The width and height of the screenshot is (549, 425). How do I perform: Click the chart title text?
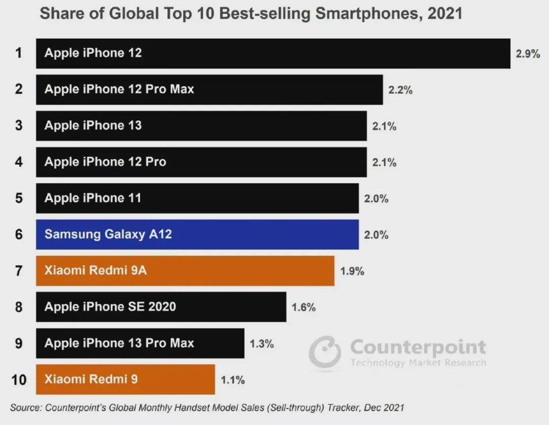click(x=251, y=14)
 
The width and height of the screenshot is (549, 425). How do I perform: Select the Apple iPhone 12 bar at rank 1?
click(x=273, y=53)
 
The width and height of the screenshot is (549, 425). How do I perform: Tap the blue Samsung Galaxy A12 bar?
click(x=197, y=234)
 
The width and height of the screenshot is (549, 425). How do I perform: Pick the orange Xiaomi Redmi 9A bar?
click(x=185, y=271)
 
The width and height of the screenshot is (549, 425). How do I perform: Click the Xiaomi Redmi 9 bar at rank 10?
click(x=125, y=379)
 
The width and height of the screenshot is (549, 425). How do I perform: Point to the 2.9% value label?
click(x=528, y=54)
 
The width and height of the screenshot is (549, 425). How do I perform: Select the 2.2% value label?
click(x=400, y=90)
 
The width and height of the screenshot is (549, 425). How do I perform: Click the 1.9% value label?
click(x=352, y=271)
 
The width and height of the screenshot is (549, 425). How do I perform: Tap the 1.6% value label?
click(x=303, y=308)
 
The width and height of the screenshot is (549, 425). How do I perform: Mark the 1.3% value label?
click(x=261, y=344)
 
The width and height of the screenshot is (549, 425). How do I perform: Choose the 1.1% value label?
click(x=232, y=380)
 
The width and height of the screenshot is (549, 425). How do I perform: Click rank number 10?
click(x=18, y=380)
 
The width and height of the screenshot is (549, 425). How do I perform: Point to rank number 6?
click(x=19, y=234)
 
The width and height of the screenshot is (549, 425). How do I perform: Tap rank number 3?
click(x=19, y=126)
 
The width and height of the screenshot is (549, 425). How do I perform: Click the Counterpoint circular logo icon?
click(x=325, y=351)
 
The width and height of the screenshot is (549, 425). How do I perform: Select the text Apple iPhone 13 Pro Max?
click(x=119, y=343)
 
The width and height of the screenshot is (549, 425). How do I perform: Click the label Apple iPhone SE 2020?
click(x=110, y=307)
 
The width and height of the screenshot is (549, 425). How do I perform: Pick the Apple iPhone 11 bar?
click(x=197, y=198)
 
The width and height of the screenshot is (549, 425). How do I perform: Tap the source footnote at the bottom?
click(x=207, y=408)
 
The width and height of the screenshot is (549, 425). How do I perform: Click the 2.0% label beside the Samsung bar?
click(x=376, y=235)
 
